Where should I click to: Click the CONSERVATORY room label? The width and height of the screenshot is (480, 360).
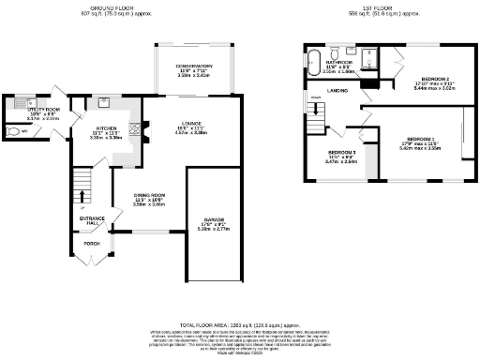(x=195, y=67)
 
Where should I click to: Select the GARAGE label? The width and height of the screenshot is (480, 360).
(x=215, y=221)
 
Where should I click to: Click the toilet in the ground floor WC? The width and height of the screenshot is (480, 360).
(x=11, y=131)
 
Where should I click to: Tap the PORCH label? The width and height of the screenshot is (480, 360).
(x=91, y=243)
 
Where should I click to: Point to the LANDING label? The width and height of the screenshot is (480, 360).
(x=337, y=91)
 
